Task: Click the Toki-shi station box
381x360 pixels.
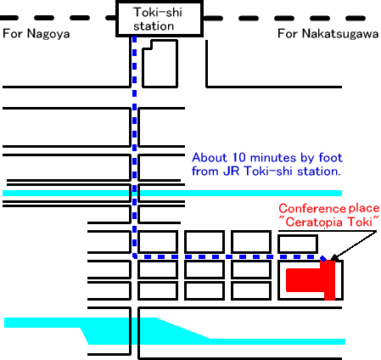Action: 160,19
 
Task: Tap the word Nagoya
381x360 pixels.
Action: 48,34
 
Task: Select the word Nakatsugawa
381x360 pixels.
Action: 340,34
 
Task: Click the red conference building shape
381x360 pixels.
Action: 311,279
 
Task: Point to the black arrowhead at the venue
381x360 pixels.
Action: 333,257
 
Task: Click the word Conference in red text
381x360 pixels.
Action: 312,209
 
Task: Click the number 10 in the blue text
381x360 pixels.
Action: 239,157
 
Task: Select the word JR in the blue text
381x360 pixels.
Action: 232,172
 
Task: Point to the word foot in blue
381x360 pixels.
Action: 330,157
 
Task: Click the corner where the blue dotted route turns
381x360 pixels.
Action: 135,256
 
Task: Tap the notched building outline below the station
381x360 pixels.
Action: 160,64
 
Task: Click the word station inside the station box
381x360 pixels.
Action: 154,26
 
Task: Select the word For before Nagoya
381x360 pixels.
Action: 13,34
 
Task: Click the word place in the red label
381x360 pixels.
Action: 364,209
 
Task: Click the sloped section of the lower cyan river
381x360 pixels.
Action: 183,329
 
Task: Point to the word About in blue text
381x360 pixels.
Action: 210,157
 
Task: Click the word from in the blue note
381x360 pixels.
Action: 205,172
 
